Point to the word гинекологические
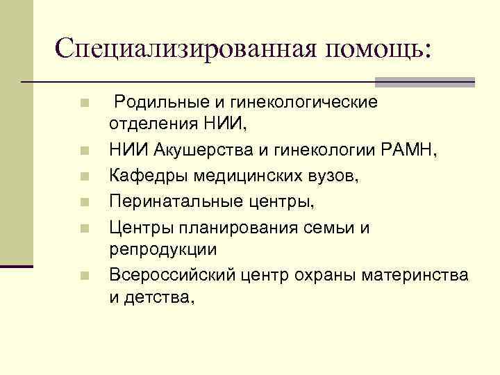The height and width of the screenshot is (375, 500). click(300, 103)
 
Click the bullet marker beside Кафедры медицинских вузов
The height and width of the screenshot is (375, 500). click(83, 177)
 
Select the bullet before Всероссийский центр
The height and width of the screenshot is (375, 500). click(83, 276)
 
